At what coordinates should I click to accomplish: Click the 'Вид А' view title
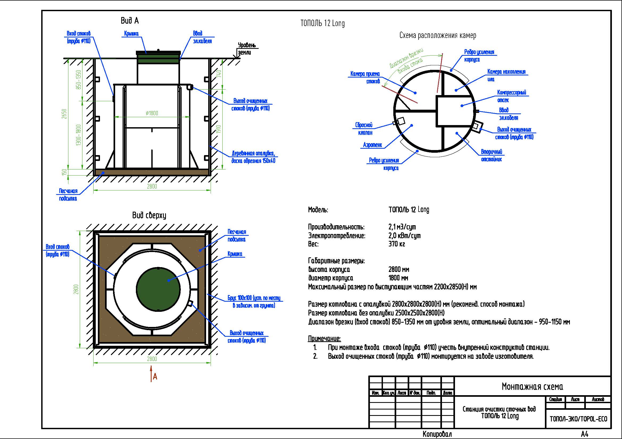pyautogui.click(x=130, y=21)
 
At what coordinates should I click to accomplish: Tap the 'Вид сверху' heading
pyautogui.click(x=149, y=215)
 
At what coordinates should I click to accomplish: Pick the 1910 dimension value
pyautogui.click(x=219, y=129)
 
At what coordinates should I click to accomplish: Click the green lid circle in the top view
pyautogui.click(x=158, y=289)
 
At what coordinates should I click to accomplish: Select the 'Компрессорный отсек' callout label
pyautogui.click(x=511, y=96)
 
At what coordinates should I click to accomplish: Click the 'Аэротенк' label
pyautogui.click(x=372, y=145)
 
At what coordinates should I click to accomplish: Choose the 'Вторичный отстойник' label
pyautogui.click(x=491, y=156)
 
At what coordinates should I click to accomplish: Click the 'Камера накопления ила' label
pyautogui.click(x=506, y=75)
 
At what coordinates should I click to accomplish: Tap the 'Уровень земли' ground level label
pyautogui.click(x=246, y=49)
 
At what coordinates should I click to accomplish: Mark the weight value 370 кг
pyautogui.click(x=396, y=244)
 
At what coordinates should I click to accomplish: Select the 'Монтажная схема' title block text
pyautogui.click(x=532, y=386)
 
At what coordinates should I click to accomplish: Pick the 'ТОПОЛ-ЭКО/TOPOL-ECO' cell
pyautogui.click(x=578, y=419)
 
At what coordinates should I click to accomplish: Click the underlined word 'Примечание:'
pyautogui.click(x=324, y=338)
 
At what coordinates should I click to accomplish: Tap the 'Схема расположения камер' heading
pyautogui.click(x=437, y=35)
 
